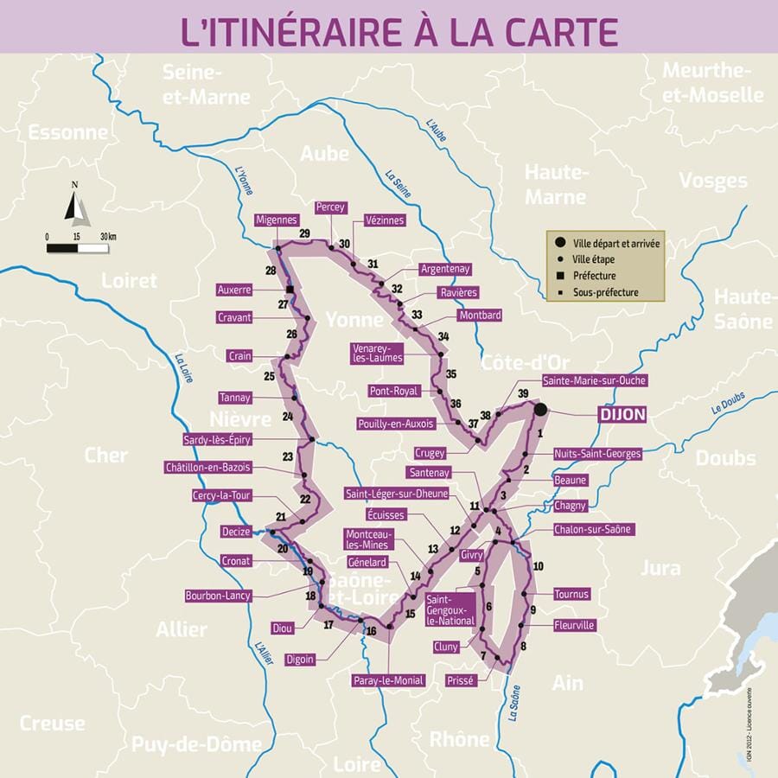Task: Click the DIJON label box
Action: (x=622, y=415)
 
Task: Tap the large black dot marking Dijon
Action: (x=540, y=409)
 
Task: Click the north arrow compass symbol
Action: (x=76, y=205)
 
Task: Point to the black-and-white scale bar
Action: (x=78, y=248)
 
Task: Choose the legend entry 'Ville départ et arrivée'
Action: (x=613, y=243)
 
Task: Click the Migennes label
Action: (x=277, y=220)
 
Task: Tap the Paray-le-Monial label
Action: (x=388, y=680)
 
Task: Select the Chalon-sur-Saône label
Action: (x=593, y=529)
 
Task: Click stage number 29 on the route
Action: (x=304, y=233)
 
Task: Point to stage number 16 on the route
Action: (x=371, y=631)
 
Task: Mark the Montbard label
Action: (x=480, y=316)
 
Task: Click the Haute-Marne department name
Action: (x=555, y=184)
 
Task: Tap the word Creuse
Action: (x=52, y=723)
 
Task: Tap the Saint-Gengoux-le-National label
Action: (x=450, y=609)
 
